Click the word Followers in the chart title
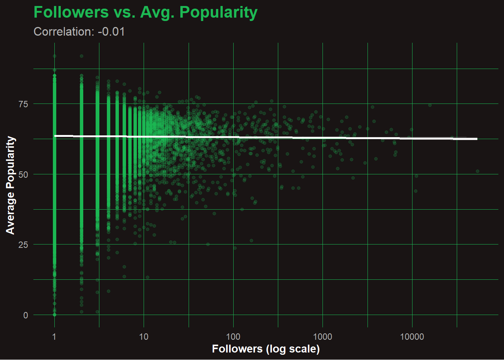pos(71,12)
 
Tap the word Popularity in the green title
pos(218,12)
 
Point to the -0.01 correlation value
pos(111,32)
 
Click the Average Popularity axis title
pos(10,185)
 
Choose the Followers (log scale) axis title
pos(265,349)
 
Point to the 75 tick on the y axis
pos(23,104)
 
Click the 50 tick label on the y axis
pos(23,174)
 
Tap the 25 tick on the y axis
pos(23,245)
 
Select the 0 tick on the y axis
pos(25,315)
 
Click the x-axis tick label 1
pos(54,337)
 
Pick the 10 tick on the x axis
pos(144,337)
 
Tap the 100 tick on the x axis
pos(233,337)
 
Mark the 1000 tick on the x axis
pos(322,337)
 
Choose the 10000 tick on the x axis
pos(412,337)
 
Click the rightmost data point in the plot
pos(477,171)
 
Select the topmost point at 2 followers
pos(81,56)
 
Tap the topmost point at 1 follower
pos(54,56)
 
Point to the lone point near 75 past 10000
pos(430,105)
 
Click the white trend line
pos(262,138)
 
